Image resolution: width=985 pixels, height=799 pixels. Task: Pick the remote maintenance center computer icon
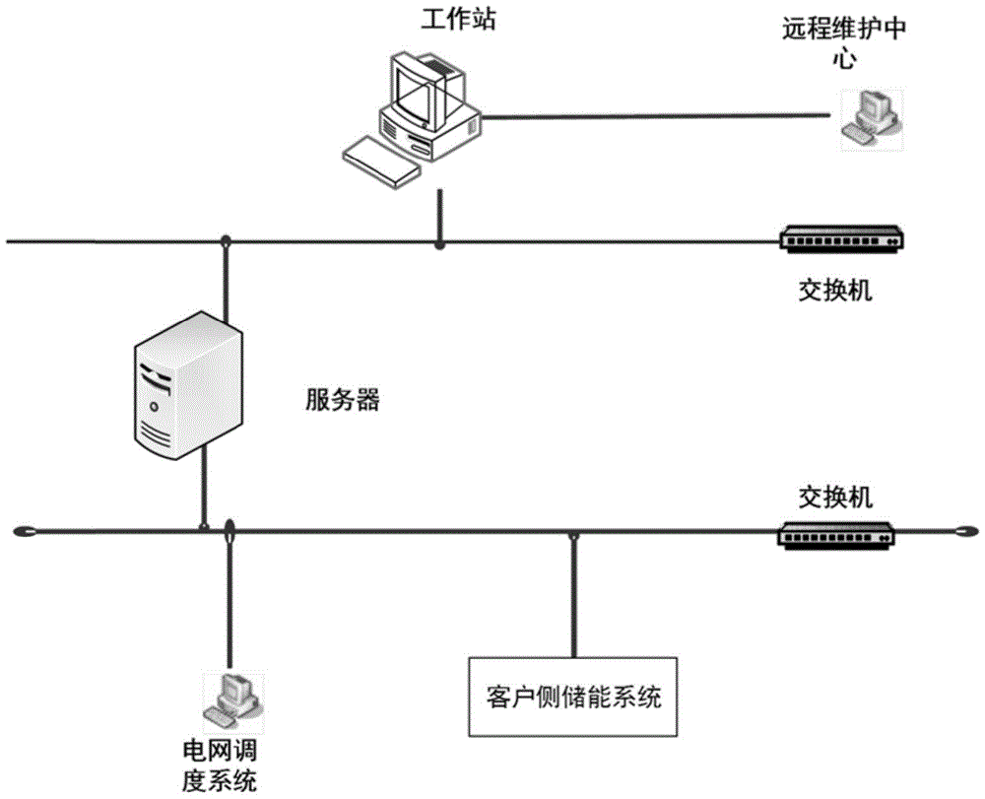pos(873,117)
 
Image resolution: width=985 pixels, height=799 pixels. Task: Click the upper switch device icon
pos(840,239)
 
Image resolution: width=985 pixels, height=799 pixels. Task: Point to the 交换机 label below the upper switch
pos(834,292)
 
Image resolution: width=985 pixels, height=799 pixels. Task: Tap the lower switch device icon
pos(835,533)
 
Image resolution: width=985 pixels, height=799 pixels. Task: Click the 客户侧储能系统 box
pos(574,696)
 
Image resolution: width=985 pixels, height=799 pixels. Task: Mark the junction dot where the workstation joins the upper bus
pos(439,241)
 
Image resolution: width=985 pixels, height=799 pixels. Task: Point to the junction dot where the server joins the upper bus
pos(226,240)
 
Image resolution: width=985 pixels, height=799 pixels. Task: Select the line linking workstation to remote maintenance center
pos(655,116)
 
